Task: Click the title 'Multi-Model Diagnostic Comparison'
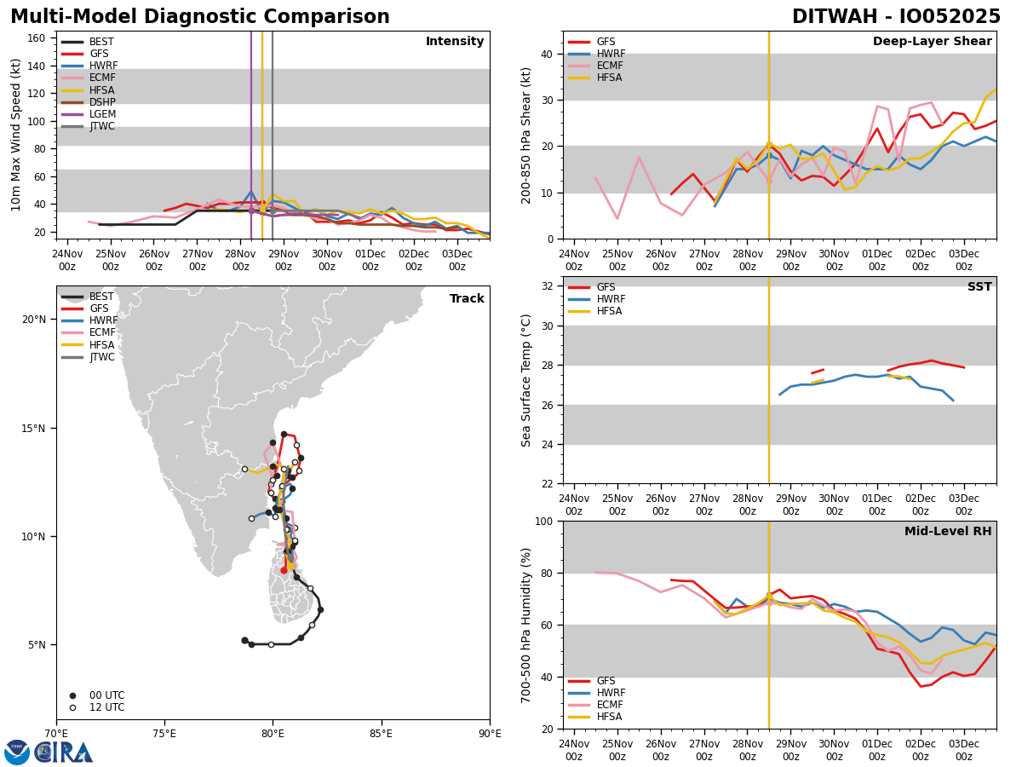[x=200, y=17]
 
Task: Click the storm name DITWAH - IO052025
[x=896, y=17]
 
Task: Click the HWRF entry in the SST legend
[x=611, y=299]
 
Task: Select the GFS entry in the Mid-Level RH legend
[x=606, y=681]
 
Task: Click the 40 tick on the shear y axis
[x=547, y=54]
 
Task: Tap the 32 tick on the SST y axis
[x=547, y=286]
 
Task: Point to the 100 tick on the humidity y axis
[x=543, y=521]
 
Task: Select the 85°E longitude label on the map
[x=381, y=734]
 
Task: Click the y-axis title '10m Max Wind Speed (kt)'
[x=16, y=135]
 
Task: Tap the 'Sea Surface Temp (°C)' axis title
[x=526, y=380]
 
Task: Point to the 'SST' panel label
[x=979, y=287]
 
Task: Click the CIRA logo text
[x=64, y=753]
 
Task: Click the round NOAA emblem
[x=17, y=753]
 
